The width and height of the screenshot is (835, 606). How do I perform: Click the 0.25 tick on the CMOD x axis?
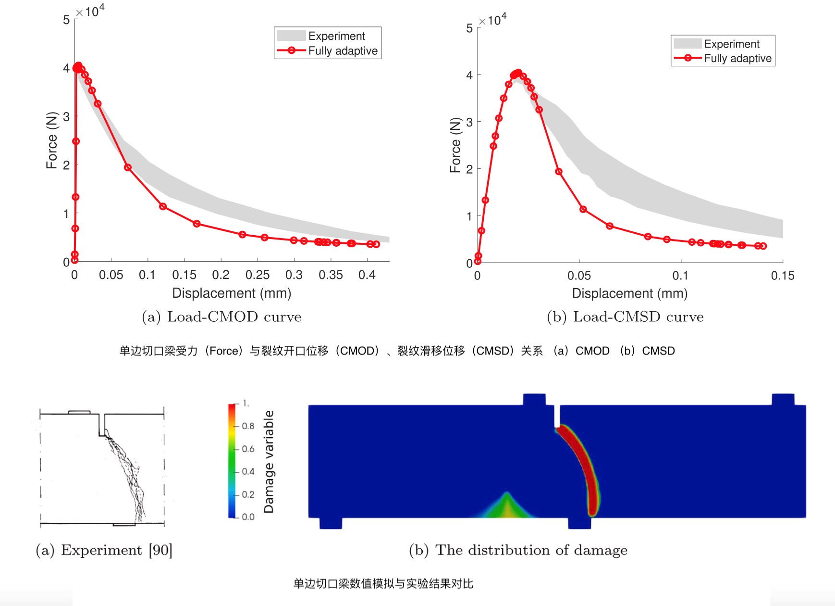click(258, 275)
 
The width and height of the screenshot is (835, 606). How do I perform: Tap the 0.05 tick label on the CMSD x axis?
click(579, 276)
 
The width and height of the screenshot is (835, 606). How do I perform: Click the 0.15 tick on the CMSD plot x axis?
click(783, 276)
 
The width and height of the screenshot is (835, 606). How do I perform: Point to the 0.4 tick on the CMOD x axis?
click(367, 275)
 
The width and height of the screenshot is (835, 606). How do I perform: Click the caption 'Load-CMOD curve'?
click(234, 316)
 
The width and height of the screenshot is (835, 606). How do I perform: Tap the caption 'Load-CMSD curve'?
click(638, 316)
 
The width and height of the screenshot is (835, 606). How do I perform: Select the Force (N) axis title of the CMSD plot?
click(455, 145)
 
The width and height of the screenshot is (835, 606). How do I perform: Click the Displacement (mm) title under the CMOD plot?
click(232, 293)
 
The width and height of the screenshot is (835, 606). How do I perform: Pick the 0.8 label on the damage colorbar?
click(248, 426)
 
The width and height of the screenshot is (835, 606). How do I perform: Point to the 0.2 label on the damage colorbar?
click(248, 494)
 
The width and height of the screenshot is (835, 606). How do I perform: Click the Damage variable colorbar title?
click(269, 461)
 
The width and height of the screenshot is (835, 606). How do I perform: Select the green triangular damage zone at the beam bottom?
click(506, 507)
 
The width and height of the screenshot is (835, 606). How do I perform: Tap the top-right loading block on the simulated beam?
click(783, 400)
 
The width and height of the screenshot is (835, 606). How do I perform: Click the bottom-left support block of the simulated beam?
click(331, 523)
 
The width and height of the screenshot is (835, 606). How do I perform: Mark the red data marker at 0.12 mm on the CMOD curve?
click(163, 206)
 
